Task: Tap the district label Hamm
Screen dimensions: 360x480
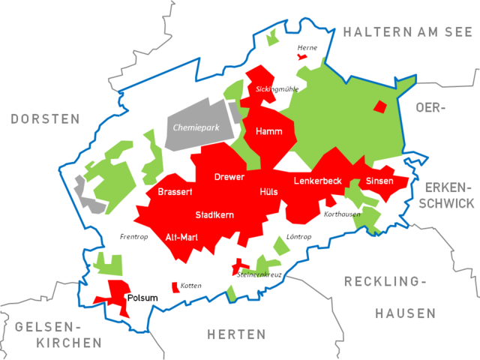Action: (268, 131)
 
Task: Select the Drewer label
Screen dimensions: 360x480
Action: (229, 177)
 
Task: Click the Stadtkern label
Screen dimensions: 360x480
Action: (214, 215)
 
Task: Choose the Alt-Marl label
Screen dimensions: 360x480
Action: (182, 236)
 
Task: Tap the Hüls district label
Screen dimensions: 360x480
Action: (268, 193)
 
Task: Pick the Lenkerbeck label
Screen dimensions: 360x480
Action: (318, 181)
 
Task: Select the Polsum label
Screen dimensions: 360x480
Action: (142, 298)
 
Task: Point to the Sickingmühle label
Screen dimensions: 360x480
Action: (277, 89)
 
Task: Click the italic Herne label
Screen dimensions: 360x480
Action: (307, 48)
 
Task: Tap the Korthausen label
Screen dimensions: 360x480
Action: (342, 214)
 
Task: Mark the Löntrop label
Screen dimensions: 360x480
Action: (299, 237)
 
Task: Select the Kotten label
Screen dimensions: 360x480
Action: (191, 286)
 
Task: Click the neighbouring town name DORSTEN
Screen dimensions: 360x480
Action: (45, 119)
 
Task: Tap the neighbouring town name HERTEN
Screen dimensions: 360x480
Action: (238, 334)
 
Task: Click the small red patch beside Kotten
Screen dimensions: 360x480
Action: (175, 286)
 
